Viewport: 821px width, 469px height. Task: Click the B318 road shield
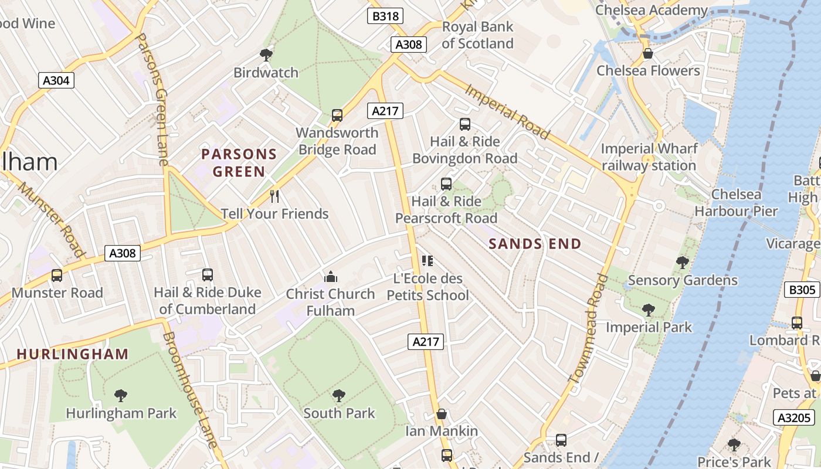[x=386, y=16]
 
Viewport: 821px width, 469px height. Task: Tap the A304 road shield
[x=56, y=80]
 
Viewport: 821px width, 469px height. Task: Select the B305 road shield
[x=802, y=289]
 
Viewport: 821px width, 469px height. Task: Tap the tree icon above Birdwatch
[x=266, y=55]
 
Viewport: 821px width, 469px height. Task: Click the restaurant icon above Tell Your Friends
[x=274, y=196]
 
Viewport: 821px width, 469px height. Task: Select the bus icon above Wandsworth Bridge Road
[x=337, y=115]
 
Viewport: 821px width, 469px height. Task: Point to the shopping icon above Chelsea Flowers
[x=648, y=53]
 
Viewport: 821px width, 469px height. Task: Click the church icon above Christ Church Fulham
[x=331, y=276]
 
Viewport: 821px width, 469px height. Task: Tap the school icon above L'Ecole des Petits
[x=428, y=260]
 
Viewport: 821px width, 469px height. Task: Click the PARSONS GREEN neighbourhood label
[x=239, y=163]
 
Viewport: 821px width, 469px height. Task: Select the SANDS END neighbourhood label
[x=535, y=244]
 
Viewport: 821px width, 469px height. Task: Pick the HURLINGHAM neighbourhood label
[x=73, y=354]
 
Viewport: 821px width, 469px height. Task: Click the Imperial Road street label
[x=508, y=111]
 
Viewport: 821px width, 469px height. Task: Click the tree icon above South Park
[x=338, y=396]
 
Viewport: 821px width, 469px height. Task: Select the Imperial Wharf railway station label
[x=649, y=157]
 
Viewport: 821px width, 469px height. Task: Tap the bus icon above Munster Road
[x=57, y=275]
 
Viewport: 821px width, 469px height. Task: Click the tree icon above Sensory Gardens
[x=682, y=262]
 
